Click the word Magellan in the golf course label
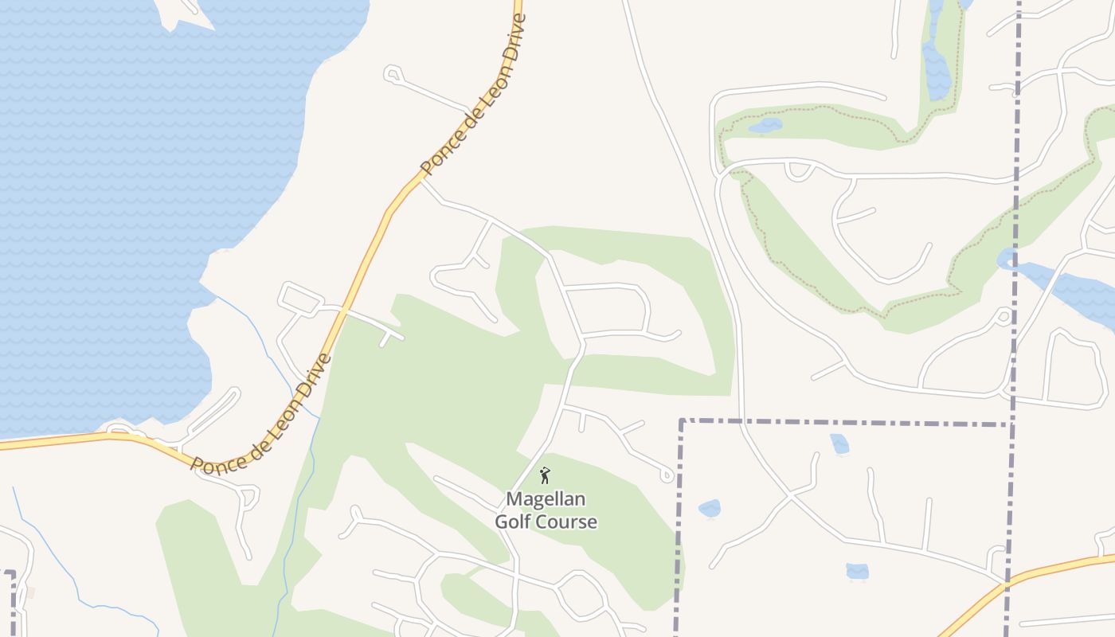[x=546, y=499]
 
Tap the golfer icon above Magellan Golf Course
[x=545, y=476]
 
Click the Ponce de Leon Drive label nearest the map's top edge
[x=474, y=94]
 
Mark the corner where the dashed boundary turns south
[x=682, y=420]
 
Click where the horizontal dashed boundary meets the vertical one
[x=1011, y=424]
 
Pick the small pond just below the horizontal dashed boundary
[x=839, y=444]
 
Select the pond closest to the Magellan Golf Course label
[x=709, y=509]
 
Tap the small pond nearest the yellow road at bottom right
[x=857, y=571]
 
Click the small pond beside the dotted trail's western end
[x=765, y=126]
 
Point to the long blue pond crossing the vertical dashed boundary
[x=1059, y=287]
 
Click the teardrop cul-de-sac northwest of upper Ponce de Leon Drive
[x=392, y=74]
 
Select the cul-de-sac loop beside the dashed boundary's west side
[x=667, y=475]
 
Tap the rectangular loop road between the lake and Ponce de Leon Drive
[x=299, y=299]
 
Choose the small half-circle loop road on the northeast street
[x=799, y=170]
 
